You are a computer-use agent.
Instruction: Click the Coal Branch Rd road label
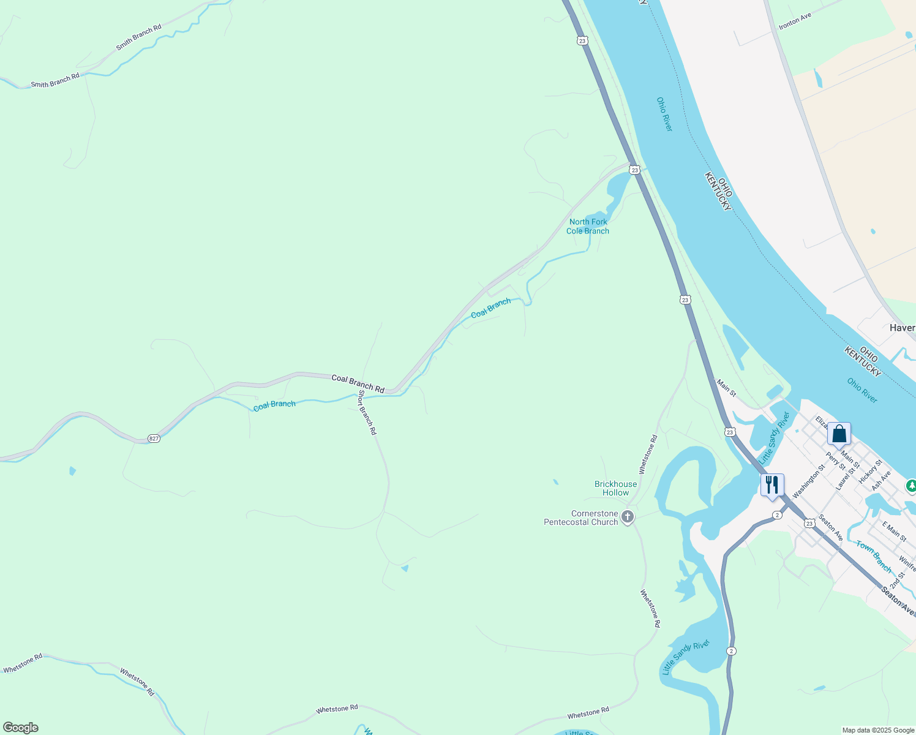(358, 383)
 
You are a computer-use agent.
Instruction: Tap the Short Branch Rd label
(367, 412)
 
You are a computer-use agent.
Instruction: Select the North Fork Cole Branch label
(588, 227)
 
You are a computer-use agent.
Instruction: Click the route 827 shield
(154, 439)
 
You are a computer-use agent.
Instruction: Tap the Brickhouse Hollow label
(615, 488)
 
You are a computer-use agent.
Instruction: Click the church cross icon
(627, 517)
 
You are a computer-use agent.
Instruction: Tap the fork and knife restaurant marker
(771, 484)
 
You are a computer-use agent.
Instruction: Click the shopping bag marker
(839, 434)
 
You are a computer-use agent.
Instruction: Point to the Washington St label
(809, 481)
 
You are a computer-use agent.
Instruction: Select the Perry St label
(835, 461)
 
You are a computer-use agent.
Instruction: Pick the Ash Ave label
(881, 480)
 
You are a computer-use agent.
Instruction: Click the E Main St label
(894, 530)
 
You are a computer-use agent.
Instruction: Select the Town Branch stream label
(874, 556)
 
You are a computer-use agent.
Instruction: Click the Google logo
(21, 728)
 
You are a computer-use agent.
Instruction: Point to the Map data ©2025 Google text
(877, 730)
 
